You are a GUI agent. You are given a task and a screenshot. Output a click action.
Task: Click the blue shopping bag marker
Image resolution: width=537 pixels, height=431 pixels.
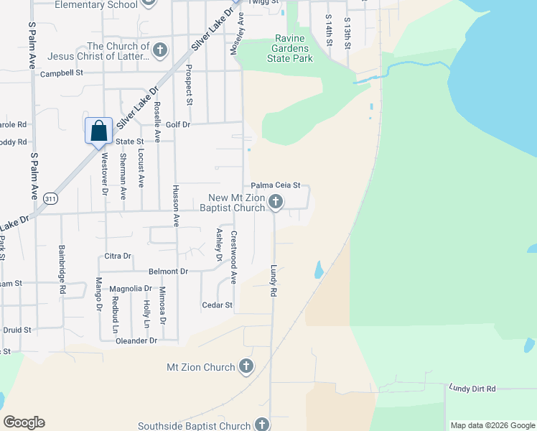tap(99, 131)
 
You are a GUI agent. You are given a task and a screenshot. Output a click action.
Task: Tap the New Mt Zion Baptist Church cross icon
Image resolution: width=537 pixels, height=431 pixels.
tap(276, 203)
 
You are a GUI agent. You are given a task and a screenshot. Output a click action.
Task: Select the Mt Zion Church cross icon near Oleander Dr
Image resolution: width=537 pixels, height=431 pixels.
tap(246, 366)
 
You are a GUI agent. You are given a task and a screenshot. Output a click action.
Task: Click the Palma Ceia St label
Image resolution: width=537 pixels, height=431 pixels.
tap(275, 185)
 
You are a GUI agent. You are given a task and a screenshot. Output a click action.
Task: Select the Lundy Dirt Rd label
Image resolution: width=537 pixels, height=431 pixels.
tap(472, 389)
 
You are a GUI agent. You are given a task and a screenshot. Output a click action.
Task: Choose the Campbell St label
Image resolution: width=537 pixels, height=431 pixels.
tap(62, 73)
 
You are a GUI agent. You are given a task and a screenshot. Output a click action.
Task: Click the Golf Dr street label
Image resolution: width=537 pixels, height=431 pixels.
tap(177, 124)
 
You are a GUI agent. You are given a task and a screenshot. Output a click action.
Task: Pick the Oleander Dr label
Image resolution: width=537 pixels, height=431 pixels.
tap(136, 340)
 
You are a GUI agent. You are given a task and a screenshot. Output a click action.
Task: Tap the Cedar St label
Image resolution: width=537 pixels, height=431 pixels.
tap(218, 305)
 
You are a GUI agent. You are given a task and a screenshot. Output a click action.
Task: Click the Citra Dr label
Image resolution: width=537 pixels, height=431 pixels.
tap(118, 256)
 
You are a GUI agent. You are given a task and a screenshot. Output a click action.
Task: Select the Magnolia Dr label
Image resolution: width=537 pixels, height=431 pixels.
tap(131, 289)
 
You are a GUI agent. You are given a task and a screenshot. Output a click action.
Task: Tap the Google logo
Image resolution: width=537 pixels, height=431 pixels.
tap(24, 422)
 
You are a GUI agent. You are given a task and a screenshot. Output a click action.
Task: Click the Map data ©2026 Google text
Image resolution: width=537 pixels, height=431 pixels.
tap(492, 425)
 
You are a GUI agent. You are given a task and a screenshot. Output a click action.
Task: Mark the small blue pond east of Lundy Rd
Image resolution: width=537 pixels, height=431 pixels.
tap(318, 270)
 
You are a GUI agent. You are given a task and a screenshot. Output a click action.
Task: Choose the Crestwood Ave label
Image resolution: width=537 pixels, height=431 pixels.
tap(234, 257)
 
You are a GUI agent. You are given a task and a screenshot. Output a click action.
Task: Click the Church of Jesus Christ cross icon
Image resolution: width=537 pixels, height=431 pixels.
tap(160, 50)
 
